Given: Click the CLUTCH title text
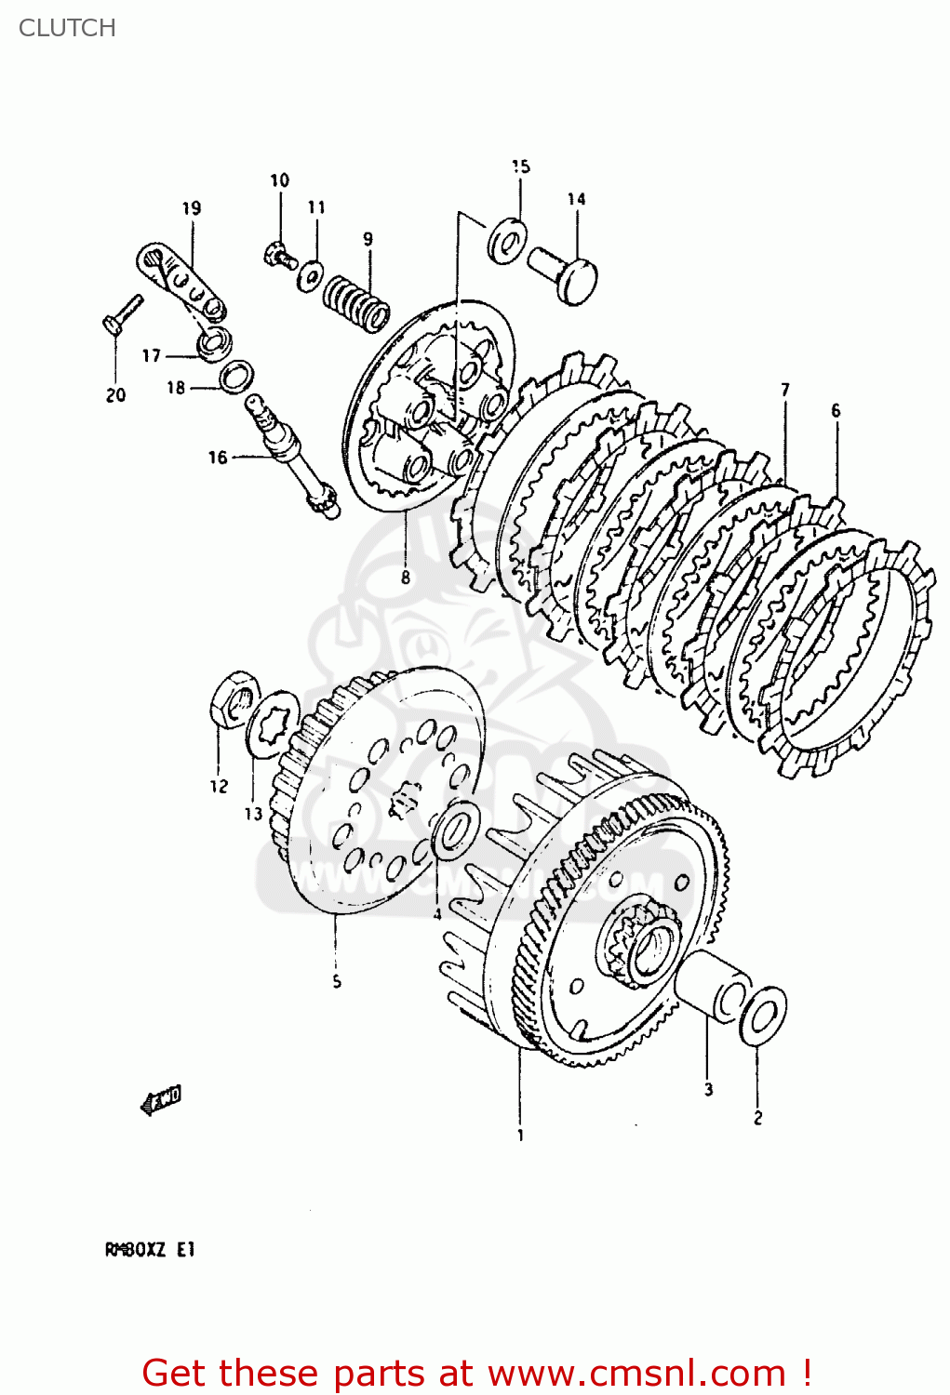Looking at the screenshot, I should pos(67,28).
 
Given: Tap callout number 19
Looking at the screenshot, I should pos(192,208).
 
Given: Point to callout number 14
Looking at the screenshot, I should pos(577,199).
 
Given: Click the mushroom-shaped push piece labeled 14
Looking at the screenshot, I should pos(567,272).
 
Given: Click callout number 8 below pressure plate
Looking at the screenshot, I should pos(406,578).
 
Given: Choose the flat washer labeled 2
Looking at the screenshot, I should pos(763,1016).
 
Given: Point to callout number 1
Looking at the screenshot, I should pos(520,1136).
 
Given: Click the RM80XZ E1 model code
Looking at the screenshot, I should pos(149,1250).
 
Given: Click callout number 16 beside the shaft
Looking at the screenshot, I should pos(217,458).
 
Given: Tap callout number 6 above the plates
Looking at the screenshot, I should pos(836,410).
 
